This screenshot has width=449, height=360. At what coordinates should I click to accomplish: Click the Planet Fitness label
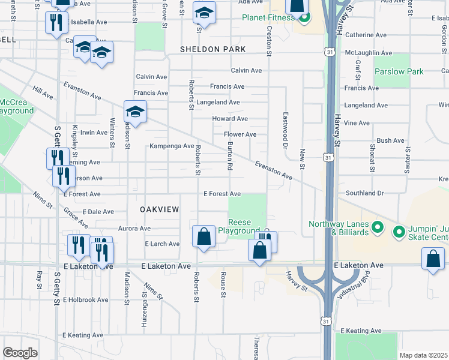tap(268, 17)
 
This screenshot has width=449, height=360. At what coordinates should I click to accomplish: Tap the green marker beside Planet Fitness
tap(304, 17)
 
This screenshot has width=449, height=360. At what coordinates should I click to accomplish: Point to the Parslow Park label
tap(399, 71)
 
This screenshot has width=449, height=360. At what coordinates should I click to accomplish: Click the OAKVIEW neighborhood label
tap(160, 209)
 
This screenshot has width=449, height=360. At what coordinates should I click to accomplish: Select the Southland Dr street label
tap(364, 193)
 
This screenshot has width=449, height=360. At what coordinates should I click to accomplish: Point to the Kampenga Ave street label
tap(172, 146)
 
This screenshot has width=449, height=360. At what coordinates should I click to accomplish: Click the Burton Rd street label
tap(229, 155)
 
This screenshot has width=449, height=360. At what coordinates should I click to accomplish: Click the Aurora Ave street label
tap(134, 229)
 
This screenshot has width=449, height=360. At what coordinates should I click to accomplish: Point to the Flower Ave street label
tap(240, 134)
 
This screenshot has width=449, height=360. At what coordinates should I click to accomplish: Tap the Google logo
tap(20, 353)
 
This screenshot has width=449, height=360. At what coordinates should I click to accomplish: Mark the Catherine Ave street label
tap(368, 35)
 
